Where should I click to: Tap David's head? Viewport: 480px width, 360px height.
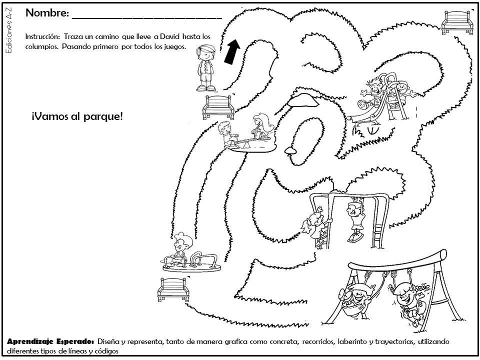coord(205,52)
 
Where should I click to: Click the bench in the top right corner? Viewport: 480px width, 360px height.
coord(457,22)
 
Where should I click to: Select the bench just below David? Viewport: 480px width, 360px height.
coord(218,107)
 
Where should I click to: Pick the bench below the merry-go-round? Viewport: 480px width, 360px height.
coord(173,289)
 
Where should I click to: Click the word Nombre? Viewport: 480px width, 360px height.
coord(47,13)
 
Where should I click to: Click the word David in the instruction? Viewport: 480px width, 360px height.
coord(170,36)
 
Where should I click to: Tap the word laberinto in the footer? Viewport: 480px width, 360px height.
coord(352,341)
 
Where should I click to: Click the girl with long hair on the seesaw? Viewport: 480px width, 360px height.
coord(261,125)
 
